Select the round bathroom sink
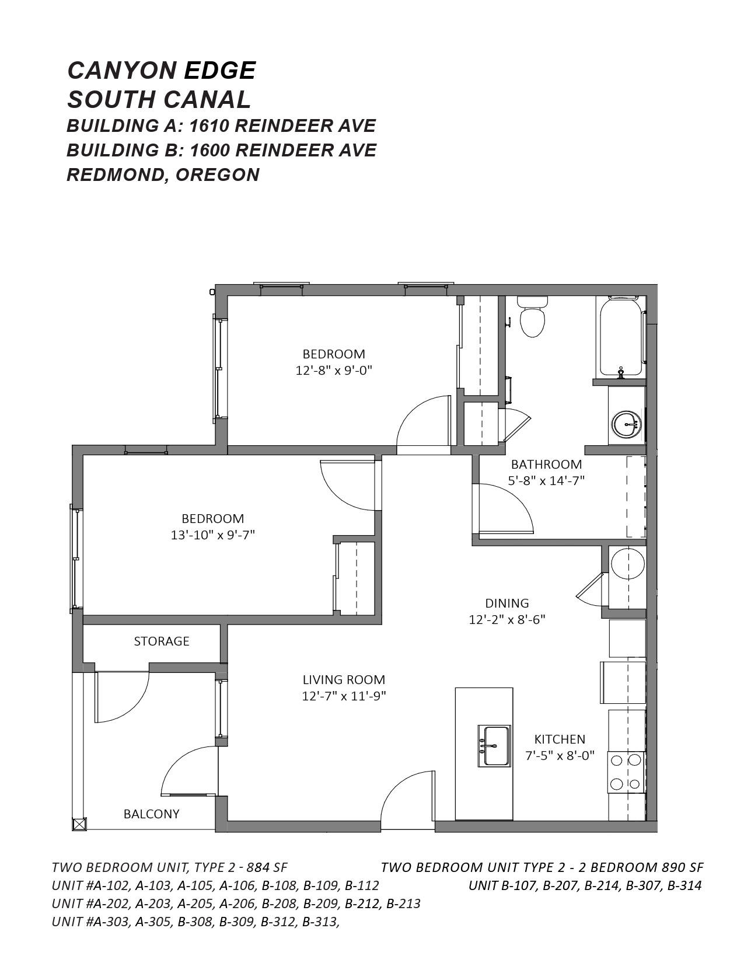tap(627, 424)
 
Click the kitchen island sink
tap(494, 746)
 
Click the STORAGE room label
tap(161, 641)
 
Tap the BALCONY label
tap(151, 814)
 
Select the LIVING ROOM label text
tap(344, 680)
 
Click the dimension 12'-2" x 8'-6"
tap(507, 620)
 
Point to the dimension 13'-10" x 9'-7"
tap(213, 535)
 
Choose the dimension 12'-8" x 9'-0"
tap(334, 371)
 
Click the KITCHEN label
tap(560, 739)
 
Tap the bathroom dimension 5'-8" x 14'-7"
tap(546, 481)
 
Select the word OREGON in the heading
tap(218, 175)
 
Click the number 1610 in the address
tap(209, 126)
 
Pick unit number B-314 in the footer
tap(684, 886)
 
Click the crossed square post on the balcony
tap(79, 824)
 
